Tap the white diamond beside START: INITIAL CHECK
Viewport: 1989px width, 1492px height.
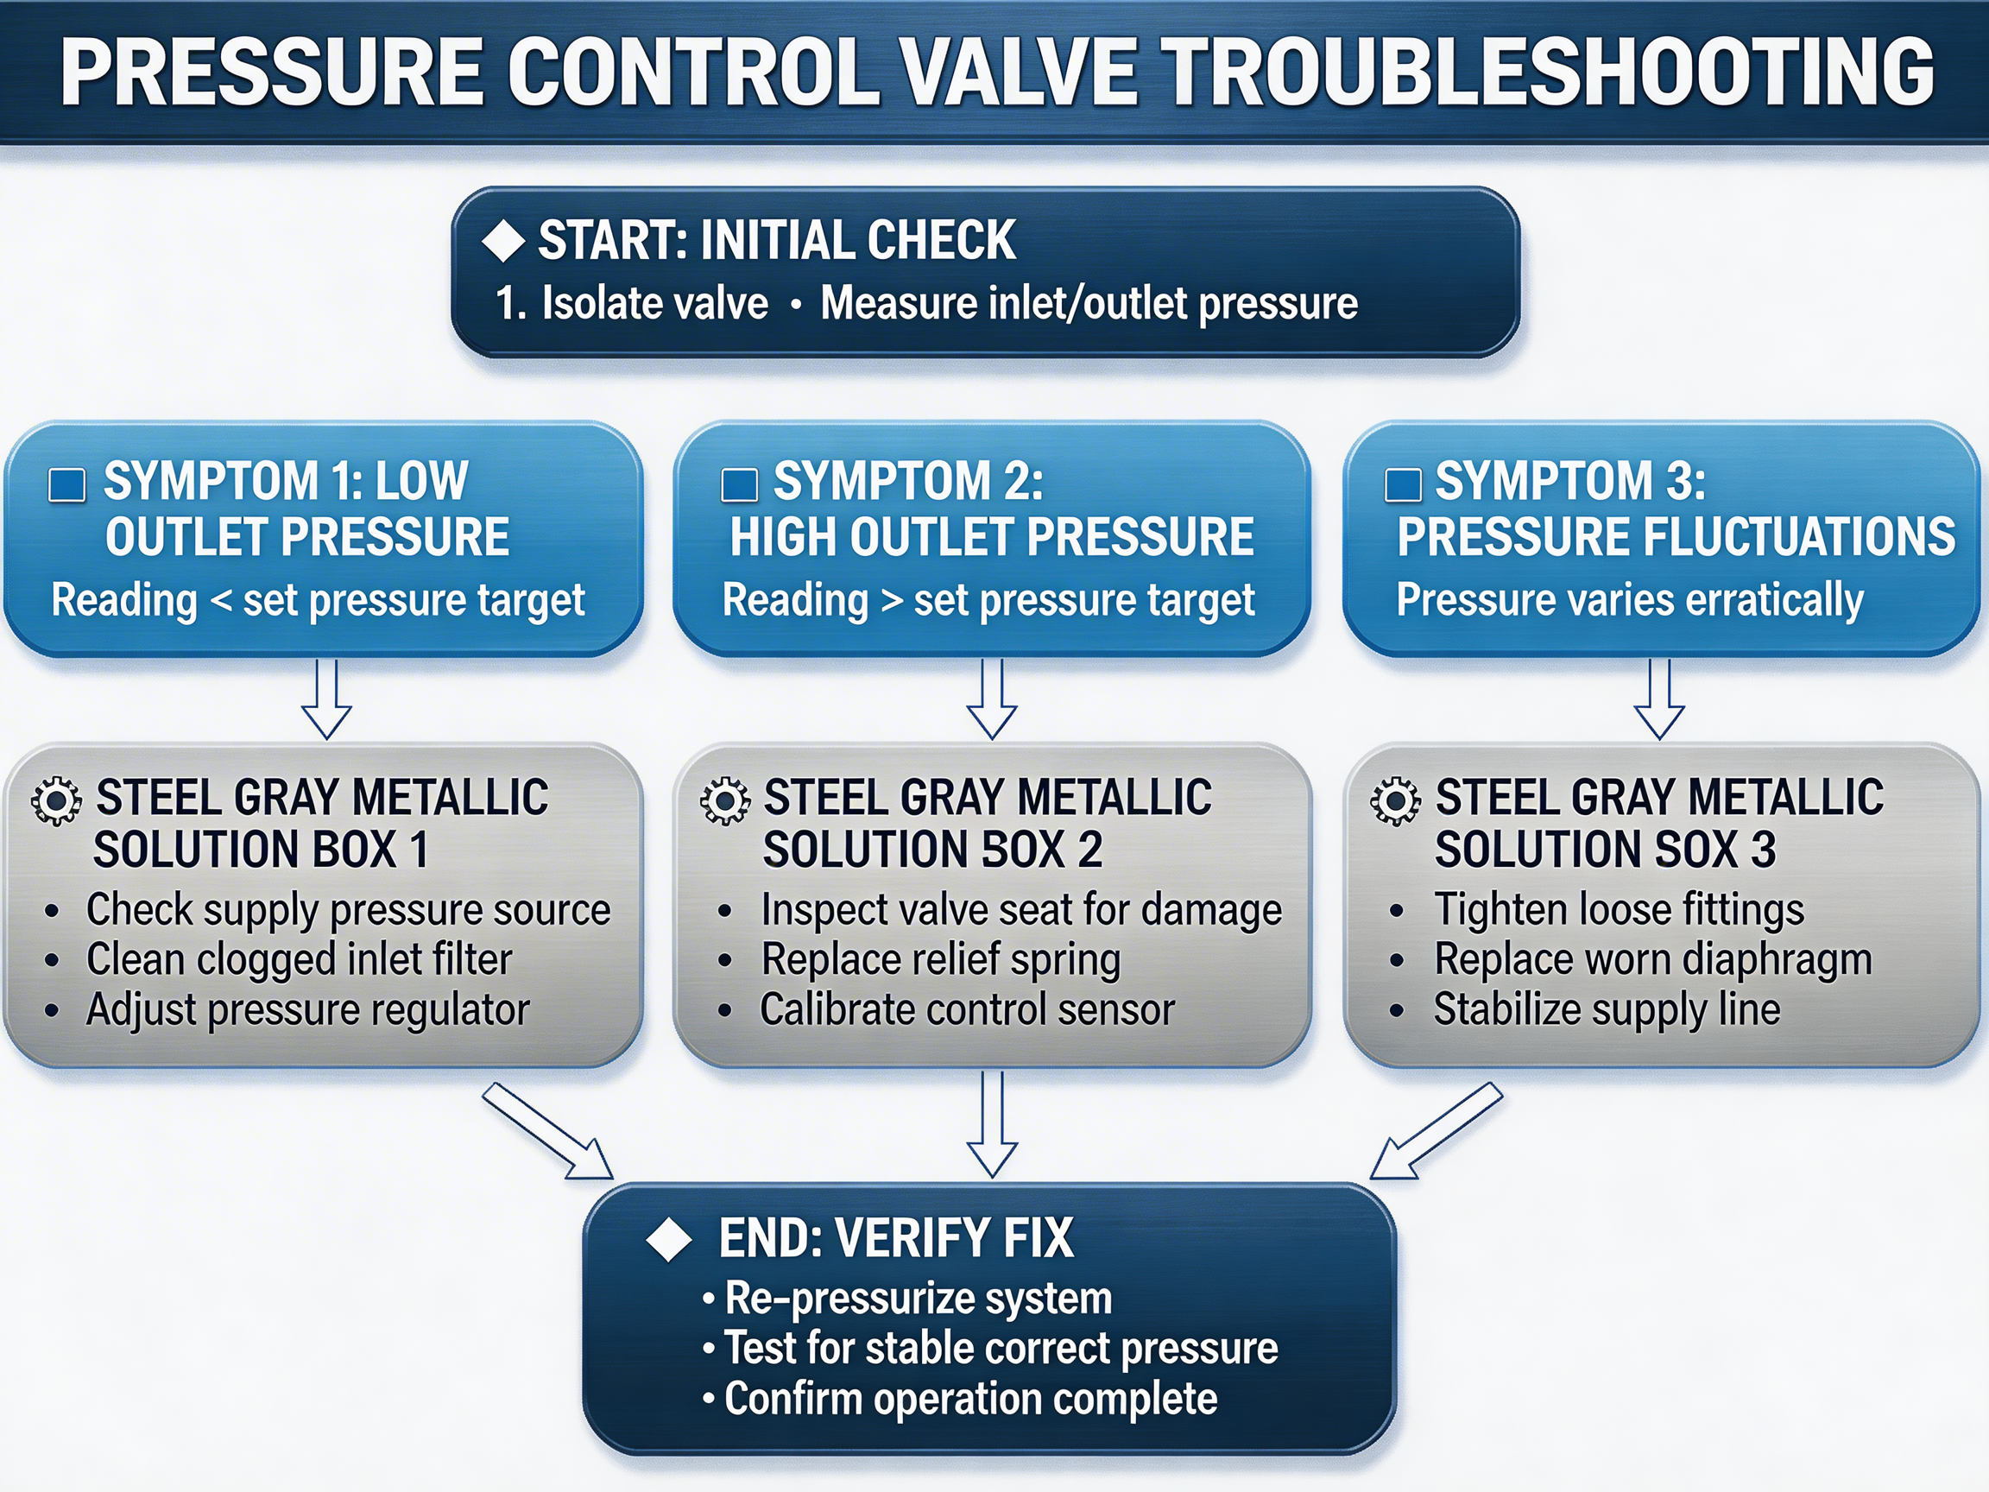[x=503, y=241]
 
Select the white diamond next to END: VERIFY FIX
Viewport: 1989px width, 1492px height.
[x=669, y=1239]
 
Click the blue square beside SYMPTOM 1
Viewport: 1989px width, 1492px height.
[x=66, y=484]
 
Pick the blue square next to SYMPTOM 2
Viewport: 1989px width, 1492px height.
[x=739, y=484]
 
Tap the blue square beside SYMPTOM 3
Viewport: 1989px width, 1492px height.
[x=1403, y=484]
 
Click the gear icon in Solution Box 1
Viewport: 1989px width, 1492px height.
[x=56, y=800]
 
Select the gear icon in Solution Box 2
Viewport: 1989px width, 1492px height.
[x=725, y=800]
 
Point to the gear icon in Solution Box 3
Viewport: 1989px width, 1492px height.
[x=1395, y=800]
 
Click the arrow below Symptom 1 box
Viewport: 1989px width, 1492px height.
[x=326, y=699]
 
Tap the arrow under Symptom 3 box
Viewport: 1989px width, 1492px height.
[x=1659, y=699]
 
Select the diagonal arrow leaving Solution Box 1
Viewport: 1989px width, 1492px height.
[x=547, y=1130]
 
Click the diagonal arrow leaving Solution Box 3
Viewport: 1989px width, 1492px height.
[x=1436, y=1130]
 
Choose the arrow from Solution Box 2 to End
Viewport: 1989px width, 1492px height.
[x=992, y=1124]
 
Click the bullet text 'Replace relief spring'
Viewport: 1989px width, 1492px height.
[x=941, y=959]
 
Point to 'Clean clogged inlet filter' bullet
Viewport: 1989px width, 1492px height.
[x=299, y=959]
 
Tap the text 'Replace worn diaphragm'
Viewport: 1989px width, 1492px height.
[x=1652, y=959]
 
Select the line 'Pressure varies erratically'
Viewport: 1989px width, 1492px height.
[x=1629, y=600]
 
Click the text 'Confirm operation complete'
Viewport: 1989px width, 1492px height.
[x=970, y=1400]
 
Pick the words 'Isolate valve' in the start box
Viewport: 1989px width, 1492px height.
[x=654, y=304]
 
